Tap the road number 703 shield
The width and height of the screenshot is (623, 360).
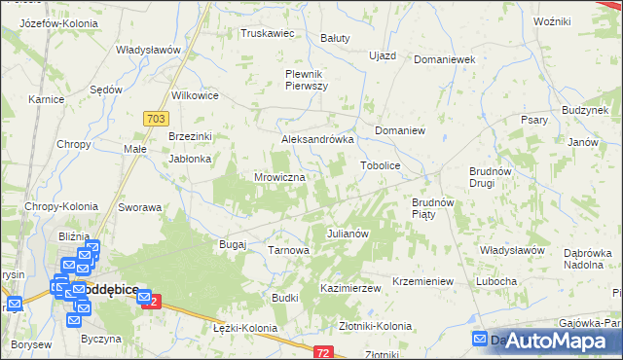coord(154,117)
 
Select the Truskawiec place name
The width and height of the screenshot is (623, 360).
coord(267,33)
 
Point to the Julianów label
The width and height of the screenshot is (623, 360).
coord(347,234)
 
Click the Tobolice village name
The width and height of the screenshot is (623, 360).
coord(381,165)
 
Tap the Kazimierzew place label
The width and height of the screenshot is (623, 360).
coord(349,289)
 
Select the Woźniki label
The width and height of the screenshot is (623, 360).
coord(551,20)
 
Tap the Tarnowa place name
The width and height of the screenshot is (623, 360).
coord(288,251)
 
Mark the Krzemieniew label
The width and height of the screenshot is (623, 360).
coord(422,281)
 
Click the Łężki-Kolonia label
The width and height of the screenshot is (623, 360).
coord(244,328)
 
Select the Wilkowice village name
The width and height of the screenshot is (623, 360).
coord(195,96)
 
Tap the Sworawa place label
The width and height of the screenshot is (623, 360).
coord(139,207)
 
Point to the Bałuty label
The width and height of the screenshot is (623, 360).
coord(335,39)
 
